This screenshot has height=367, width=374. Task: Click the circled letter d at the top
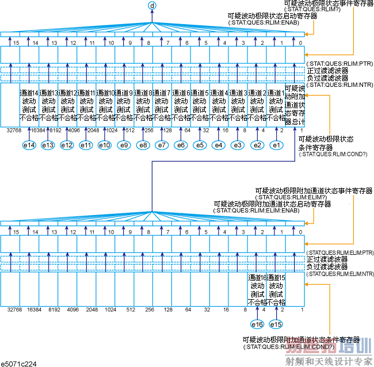[152, 6]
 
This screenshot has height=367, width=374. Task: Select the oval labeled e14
[29, 145]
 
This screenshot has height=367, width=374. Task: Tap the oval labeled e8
[143, 145]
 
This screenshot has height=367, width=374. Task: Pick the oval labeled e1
[276, 145]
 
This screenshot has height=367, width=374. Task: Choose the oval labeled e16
[257, 324]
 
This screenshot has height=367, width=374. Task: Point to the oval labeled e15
[276, 324]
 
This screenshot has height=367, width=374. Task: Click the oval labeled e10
[105, 145]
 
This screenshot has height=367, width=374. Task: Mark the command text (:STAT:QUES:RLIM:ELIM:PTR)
[340, 253]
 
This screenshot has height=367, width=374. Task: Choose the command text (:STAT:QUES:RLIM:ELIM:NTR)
[340, 274]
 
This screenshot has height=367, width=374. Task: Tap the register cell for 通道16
[257, 289]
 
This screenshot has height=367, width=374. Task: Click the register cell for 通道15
[276, 289]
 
